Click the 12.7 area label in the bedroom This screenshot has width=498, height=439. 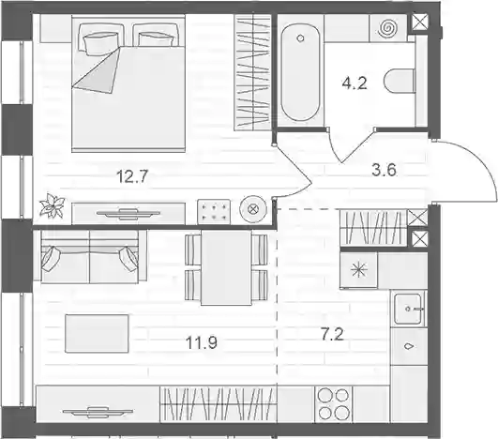[x=132, y=176]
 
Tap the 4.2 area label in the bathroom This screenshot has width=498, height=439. [x=355, y=83]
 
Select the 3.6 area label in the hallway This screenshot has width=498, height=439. [x=384, y=170]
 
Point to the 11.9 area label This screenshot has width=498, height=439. [x=202, y=343]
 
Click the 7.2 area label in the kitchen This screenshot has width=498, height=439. [x=332, y=335]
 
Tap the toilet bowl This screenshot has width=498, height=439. [x=400, y=82]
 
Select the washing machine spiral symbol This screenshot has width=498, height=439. [x=387, y=27]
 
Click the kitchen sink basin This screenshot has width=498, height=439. [x=408, y=309]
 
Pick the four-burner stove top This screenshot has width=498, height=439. [x=334, y=404]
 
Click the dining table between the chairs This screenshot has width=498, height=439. [x=226, y=267]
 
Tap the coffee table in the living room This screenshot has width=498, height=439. [x=97, y=333]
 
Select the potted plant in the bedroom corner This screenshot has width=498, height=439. [x=52, y=205]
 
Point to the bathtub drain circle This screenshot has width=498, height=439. [x=300, y=38]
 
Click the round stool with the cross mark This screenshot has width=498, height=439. [x=253, y=210]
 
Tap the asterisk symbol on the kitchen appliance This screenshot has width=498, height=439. [x=358, y=270]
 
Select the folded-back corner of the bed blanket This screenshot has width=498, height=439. [x=97, y=70]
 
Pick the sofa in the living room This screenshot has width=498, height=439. [x=89, y=256]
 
